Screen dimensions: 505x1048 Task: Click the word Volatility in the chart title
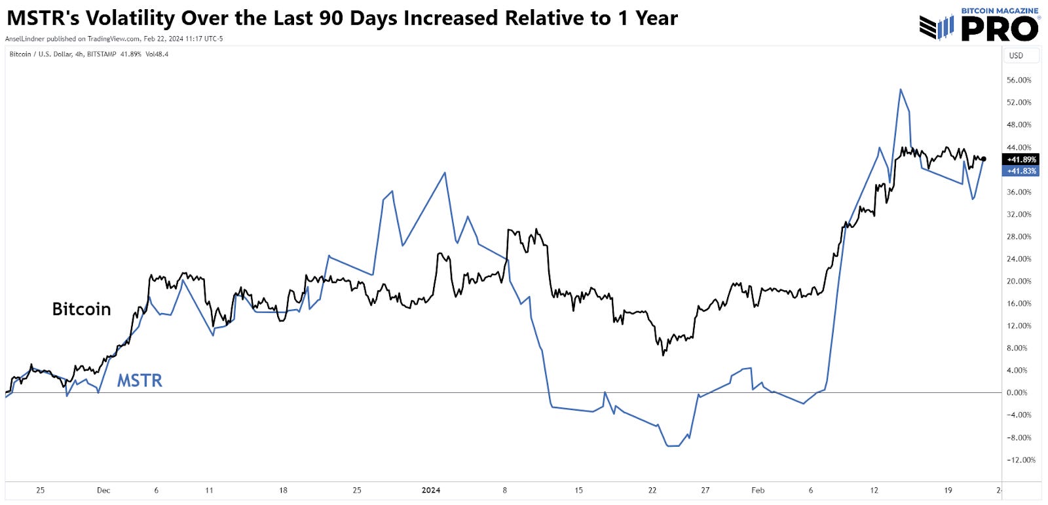127,18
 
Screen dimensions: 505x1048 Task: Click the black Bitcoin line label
81,309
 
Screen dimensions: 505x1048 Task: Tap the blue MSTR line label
140,381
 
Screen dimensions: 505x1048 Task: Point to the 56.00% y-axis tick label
1019,80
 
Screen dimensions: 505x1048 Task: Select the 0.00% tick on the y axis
1017,392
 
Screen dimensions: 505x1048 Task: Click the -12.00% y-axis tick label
1020,460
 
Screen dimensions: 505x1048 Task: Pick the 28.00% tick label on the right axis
1019,236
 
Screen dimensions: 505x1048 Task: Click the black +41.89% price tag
1021,159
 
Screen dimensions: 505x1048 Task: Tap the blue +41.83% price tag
1021,171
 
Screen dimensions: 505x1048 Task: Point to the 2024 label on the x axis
431,490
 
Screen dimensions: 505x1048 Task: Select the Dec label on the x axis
103,490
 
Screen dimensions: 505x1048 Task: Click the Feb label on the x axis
758,490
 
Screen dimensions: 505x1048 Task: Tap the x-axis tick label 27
705,490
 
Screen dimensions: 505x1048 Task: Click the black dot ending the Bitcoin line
984,159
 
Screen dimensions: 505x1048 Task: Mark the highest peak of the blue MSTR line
901,90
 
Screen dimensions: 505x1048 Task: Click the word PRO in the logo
1000,29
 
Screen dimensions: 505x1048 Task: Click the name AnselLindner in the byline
25,39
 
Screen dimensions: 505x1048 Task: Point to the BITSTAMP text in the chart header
101,54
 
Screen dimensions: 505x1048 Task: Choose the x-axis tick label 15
578,490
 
